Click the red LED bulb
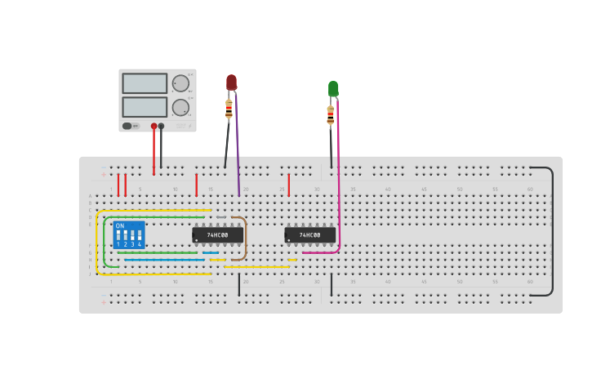(x=231, y=82)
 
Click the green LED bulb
(x=333, y=88)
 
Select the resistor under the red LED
(x=229, y=109)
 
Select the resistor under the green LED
(x=331, y=115)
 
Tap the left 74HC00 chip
(x=217, y=235)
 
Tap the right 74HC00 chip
(x=309, y=235)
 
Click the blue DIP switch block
(x=129, y=235)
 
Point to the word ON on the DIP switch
(x=120, y=226)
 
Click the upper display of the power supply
(x=145, y=83)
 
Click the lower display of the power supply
(x=145, y=107)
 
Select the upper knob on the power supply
(x=180, y=83)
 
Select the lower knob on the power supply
(x=180, y=107)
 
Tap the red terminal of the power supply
(x=154, y=126)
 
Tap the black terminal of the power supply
(x=161, y=126)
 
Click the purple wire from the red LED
(x=237, y=147)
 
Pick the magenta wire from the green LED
(x=338, y=180)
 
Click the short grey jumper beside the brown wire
(x=220, y=217)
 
